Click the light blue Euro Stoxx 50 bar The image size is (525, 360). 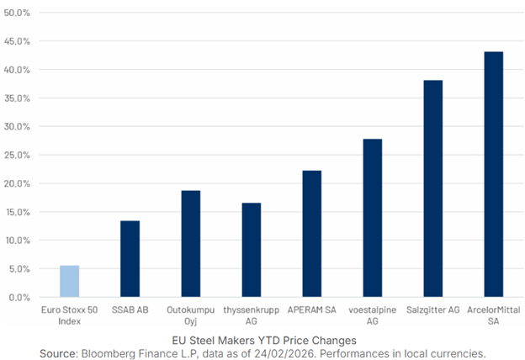coord(69,281)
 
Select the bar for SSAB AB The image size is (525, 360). coord(130,259)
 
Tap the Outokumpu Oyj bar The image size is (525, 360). coord(190,244)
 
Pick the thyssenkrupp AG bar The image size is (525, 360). coord(251,250)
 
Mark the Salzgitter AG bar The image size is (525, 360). coord(432,188)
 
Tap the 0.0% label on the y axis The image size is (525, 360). coord(20,297)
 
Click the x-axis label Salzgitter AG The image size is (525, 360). coord(432,310)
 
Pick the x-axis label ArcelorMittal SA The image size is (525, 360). coord(493,315)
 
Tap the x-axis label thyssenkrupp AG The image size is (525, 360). coord(251,315)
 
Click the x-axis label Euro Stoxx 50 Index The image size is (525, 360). coord(69,315)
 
